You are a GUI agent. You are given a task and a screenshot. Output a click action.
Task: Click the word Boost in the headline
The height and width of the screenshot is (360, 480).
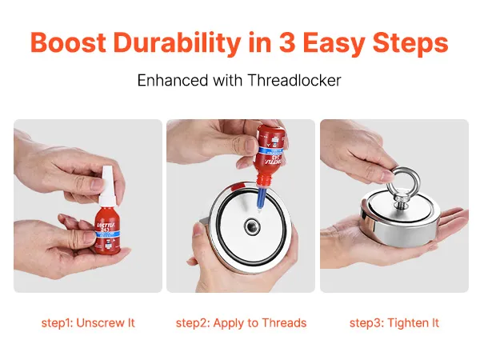coord(68,42)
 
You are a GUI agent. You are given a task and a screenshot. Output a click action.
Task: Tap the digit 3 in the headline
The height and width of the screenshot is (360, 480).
coord(287,42)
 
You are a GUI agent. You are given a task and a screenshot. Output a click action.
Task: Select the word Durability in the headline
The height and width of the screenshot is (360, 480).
coord(177,44)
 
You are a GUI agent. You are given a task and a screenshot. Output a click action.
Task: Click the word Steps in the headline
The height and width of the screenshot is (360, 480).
coord(410,44)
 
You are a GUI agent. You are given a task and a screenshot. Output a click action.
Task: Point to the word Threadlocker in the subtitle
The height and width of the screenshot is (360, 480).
coord(294,80)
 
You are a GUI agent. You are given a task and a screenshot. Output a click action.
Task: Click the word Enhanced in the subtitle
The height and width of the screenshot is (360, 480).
coord(172,80)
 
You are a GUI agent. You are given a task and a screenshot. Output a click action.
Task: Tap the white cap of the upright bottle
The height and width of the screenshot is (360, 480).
coord(106,186)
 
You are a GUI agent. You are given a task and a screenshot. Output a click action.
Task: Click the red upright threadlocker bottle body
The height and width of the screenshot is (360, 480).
coord(107,231)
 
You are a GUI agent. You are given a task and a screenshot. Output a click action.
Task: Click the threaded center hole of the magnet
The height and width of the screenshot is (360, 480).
coord(253,227)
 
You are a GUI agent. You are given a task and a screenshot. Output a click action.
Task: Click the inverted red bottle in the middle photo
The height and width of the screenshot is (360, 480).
coord(270,155)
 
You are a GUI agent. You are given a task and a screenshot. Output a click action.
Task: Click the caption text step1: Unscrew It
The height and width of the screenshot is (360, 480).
coord(88,323)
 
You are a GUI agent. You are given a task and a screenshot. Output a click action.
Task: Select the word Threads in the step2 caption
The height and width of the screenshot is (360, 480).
coord(284,323)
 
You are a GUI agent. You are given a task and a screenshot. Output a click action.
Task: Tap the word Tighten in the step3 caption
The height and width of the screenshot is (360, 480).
coord(406,323)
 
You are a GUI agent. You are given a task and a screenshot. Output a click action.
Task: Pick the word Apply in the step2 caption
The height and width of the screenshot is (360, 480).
coord(227,323)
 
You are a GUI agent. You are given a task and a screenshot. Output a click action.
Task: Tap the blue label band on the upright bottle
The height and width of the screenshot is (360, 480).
coord(107,234)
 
